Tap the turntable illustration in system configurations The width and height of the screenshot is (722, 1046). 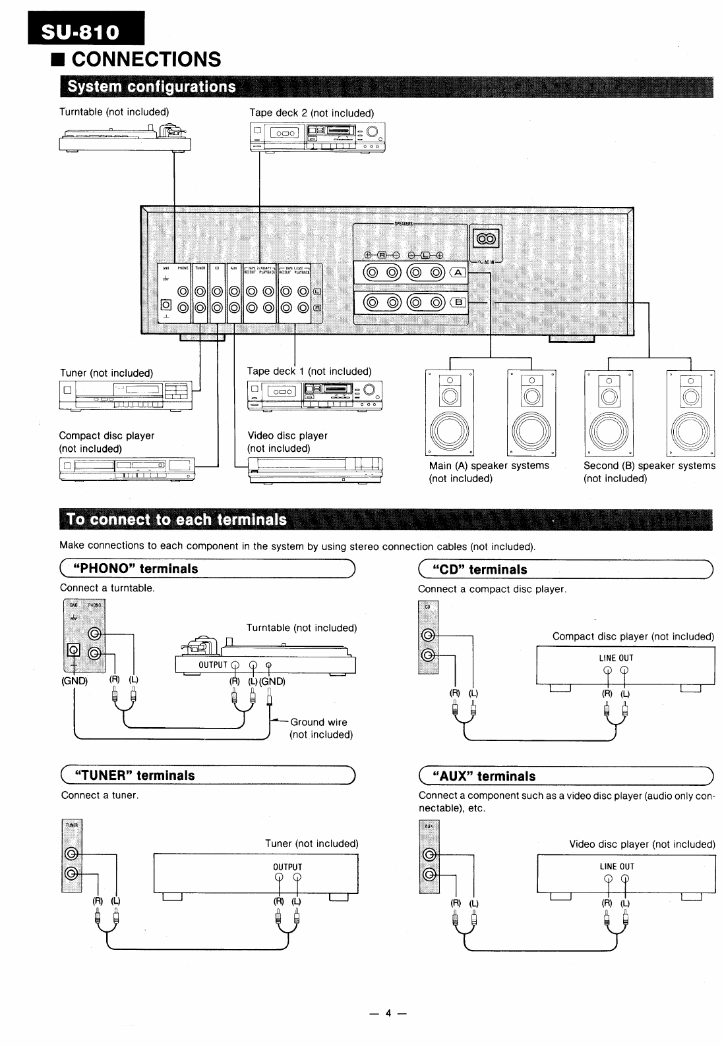tap(125, 139)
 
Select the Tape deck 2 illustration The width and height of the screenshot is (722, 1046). tap(317, 136)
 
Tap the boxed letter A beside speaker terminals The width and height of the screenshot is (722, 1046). tap(458, 273)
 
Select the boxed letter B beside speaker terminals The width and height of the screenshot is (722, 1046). tap(458, 303)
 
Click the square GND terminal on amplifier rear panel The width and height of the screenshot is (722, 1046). tap(166, 304)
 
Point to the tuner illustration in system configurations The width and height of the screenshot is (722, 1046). tap(126, 395)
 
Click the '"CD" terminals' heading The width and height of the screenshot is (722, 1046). tap(479, 569)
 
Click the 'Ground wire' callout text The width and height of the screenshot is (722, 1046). tap(318, 722)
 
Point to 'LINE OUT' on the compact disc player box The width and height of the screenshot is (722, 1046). tap(616, 658)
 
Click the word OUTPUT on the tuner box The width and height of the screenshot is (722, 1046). tap(287, 867)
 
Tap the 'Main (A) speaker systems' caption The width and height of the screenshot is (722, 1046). tap(489, 466)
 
